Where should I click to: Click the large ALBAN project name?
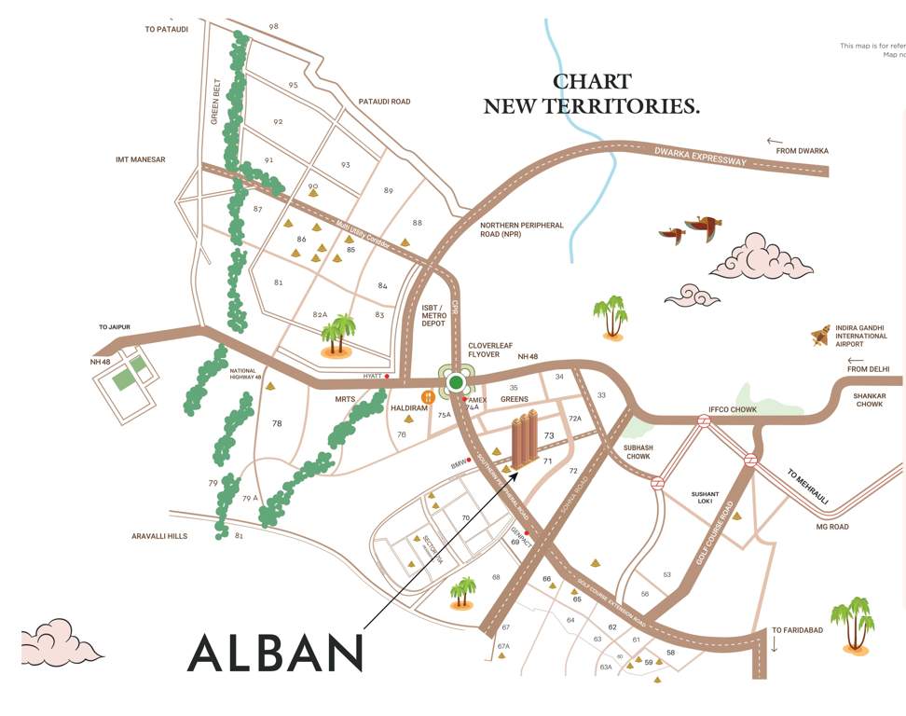coord(275,653)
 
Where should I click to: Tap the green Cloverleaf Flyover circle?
coord(456,382)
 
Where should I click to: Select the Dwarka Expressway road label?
coord(702,156)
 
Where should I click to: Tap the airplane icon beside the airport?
coord(820,336)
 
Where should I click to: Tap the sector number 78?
coord(277,424)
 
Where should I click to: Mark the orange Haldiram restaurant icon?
coord(428,398)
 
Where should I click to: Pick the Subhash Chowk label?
coord(638,453)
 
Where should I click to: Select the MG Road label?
coord(832,528)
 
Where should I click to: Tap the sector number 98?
coord(273,26)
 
